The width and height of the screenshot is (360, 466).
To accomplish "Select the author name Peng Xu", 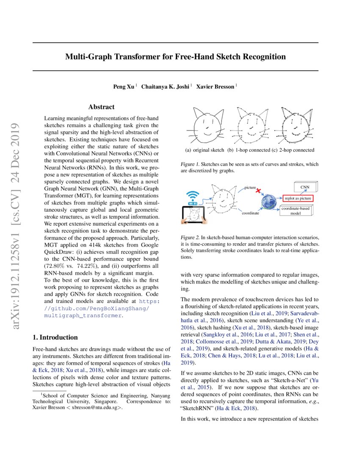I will click(x=123, y=87).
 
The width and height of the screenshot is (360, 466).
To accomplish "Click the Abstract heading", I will click(x=101, y=107).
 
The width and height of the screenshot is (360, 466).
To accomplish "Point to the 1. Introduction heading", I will click(x=55, y=337).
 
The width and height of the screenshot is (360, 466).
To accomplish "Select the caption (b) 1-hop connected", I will click(x=249, y=150).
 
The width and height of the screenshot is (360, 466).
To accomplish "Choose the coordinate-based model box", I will click(x=298, y=211).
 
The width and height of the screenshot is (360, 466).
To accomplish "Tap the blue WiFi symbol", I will click(x=194, y=197).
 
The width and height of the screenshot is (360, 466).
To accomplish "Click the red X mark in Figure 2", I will click(x=258, y=191).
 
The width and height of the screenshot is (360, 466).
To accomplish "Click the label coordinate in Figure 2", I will click(x=250, y=214).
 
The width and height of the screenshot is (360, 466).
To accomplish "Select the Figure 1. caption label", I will click(x=190, y=164).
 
